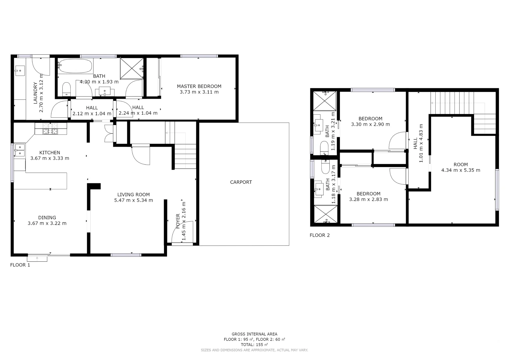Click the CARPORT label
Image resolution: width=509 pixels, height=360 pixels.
point(241,182)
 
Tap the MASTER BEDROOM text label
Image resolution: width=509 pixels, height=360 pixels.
point(199,86)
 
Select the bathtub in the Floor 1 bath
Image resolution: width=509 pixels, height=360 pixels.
point(75,66)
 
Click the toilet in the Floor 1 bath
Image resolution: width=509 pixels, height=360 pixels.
point(67,89)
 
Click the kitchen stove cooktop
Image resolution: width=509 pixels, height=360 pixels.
point(51,129)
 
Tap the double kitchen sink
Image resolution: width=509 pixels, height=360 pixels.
point(19,150)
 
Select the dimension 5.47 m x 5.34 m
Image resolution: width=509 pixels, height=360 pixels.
point(133,200)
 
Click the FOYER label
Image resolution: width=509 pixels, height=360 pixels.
point(178,221)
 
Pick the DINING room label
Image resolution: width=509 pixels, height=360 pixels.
point(47,218)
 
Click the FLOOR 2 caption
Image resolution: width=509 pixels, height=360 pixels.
point(319,235)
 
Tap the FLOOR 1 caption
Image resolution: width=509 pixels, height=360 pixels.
point(20,265)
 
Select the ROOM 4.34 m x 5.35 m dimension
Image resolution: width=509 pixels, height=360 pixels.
point(461,170)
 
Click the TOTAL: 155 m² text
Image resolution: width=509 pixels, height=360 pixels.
point(254,345)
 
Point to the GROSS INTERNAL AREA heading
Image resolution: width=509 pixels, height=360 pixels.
point(254,334)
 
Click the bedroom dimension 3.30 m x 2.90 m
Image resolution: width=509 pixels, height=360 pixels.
point(370,124)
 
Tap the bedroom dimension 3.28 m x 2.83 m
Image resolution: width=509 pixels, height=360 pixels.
point(368,200)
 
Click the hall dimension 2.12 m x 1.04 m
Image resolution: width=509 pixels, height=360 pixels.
point(92,114)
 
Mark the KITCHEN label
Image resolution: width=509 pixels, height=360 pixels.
point(50,153)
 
